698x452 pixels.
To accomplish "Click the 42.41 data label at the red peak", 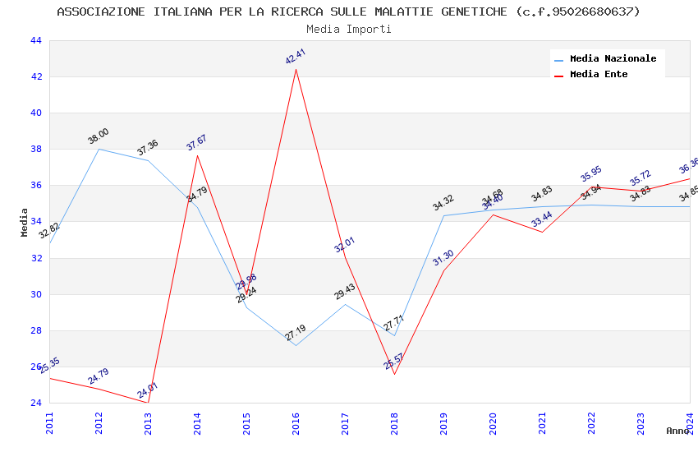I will click(x=296, y=56).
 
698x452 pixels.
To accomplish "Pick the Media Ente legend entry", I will click(x=599, y=74).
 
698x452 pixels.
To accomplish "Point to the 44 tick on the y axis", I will click(x=35, y=40).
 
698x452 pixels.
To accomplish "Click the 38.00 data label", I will click(x=99, y=136).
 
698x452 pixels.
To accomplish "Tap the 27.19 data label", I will click(x=296, y=333).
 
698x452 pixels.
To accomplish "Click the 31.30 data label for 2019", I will click(x=443, y=258).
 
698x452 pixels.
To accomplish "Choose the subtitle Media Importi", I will click(x=349, y=29).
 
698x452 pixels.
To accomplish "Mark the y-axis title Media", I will click(x=25, y=222).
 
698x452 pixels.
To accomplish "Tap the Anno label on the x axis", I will click(x=677, y=431).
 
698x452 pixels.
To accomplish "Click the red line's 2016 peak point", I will click(x=296, y=69).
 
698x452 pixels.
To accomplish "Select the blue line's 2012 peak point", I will click(x=99, y=149).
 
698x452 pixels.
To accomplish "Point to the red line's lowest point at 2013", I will click(x=148, y=403).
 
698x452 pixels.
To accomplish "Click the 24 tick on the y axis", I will click(x=35, y=403).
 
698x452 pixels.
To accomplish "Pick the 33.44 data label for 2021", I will click(x=542, y=219).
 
